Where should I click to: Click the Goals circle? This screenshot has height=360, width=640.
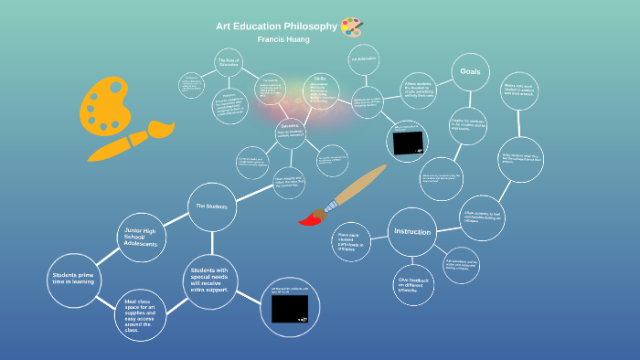pos(470,72)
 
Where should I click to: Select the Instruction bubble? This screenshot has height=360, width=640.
pos(411,232)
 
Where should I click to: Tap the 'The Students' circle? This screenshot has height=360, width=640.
pos(211,206)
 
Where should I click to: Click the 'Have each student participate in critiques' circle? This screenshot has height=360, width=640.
pos(352,241)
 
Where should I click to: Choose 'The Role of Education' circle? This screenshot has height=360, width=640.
pos(229,64)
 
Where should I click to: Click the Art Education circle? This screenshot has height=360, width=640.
pos(364,59)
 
